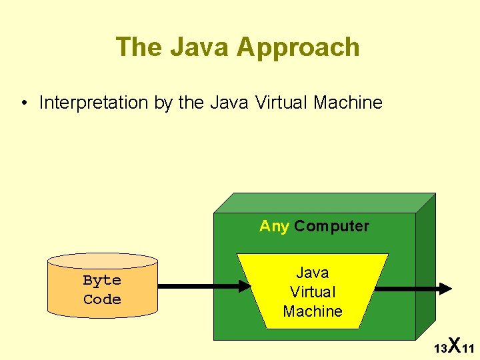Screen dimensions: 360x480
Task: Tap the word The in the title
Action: [139, 47]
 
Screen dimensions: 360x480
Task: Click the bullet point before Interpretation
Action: [24, 103]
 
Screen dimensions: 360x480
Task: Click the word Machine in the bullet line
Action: [347, 103]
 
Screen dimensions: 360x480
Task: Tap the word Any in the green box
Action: [274, 226]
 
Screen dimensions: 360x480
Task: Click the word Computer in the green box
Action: [331, 227]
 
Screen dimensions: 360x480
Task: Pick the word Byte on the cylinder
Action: [102, 280]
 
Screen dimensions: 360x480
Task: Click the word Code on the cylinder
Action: [102, 299]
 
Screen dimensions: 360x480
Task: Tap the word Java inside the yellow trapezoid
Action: [313, 273]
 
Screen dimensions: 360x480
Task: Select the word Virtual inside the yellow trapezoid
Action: [313, 292]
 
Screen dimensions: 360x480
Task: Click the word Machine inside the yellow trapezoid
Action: [313, 311]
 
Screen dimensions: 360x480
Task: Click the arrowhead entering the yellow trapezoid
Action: [242, 287]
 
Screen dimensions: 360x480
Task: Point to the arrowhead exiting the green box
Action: [444, 288]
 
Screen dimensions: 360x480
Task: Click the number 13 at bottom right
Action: [440, 349]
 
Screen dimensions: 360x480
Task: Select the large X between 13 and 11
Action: [453, 345]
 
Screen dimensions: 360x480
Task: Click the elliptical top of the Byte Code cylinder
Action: [102, 261]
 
